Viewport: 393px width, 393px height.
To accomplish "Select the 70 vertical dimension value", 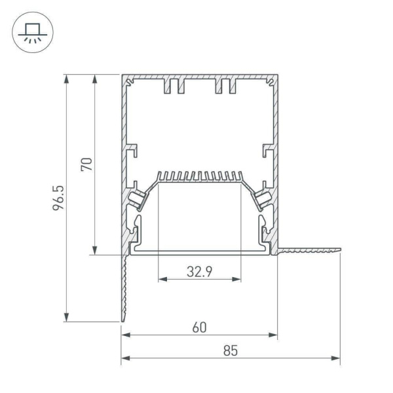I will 86,163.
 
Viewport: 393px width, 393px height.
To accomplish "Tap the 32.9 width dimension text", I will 199,271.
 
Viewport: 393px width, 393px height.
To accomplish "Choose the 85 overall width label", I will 230,350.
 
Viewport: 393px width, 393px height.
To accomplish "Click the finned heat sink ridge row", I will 200,176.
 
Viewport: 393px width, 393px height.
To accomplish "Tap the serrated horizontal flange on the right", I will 310,250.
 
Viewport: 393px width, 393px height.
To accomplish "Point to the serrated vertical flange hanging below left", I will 122,288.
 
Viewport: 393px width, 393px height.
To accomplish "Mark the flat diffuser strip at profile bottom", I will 200,250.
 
